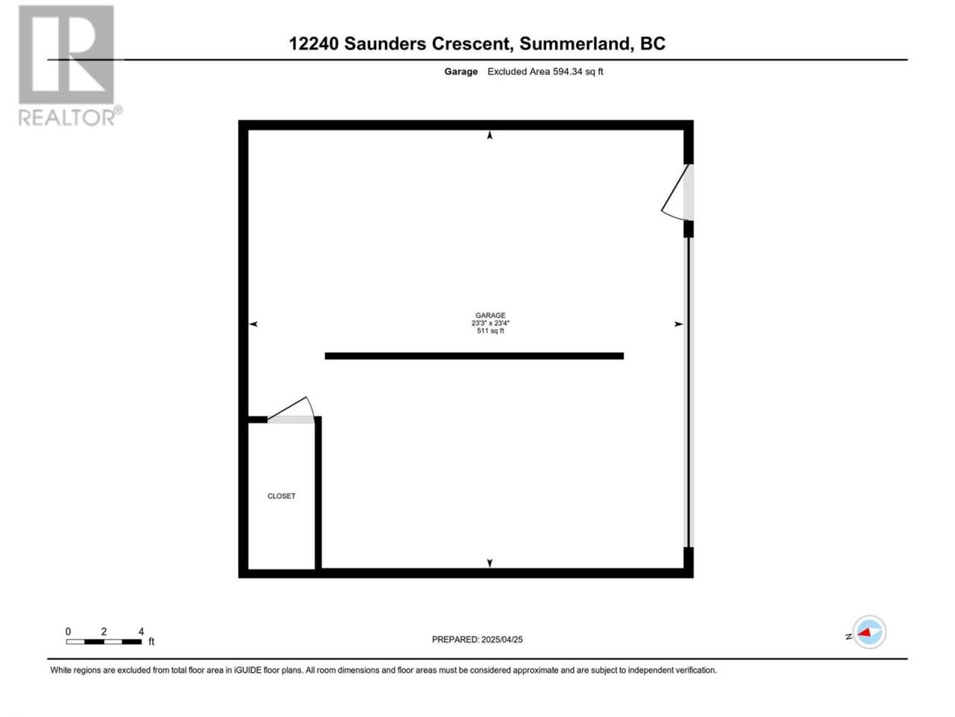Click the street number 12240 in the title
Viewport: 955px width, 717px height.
pos(313,43)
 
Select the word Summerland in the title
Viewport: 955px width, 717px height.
pos(574,43)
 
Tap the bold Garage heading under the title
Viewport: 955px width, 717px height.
pos(461,72)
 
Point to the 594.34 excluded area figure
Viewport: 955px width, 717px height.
pos(567,72)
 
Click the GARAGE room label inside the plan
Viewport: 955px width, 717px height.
pos(490,315)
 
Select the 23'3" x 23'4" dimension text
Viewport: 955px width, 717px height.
pos(490,323)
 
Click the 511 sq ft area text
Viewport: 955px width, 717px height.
pos(490,331)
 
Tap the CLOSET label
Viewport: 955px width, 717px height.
pos(281,496)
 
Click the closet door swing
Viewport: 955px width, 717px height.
pos(291,409)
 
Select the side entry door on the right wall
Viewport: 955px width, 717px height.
pos(677,192)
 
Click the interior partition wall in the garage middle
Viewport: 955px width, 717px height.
pos(475,356)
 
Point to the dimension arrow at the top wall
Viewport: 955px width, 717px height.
pos(490,135)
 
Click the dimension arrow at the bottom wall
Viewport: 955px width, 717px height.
pos(490,563)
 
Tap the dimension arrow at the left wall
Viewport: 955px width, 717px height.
pos(254,324)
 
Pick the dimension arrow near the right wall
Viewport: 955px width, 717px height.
pos(678,324)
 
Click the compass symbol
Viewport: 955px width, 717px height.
pos(869,632)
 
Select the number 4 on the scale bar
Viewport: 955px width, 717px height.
pos(141,631)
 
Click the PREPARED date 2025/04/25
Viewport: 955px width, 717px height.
pos(501,639)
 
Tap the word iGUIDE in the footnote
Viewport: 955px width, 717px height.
pos(248,671)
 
